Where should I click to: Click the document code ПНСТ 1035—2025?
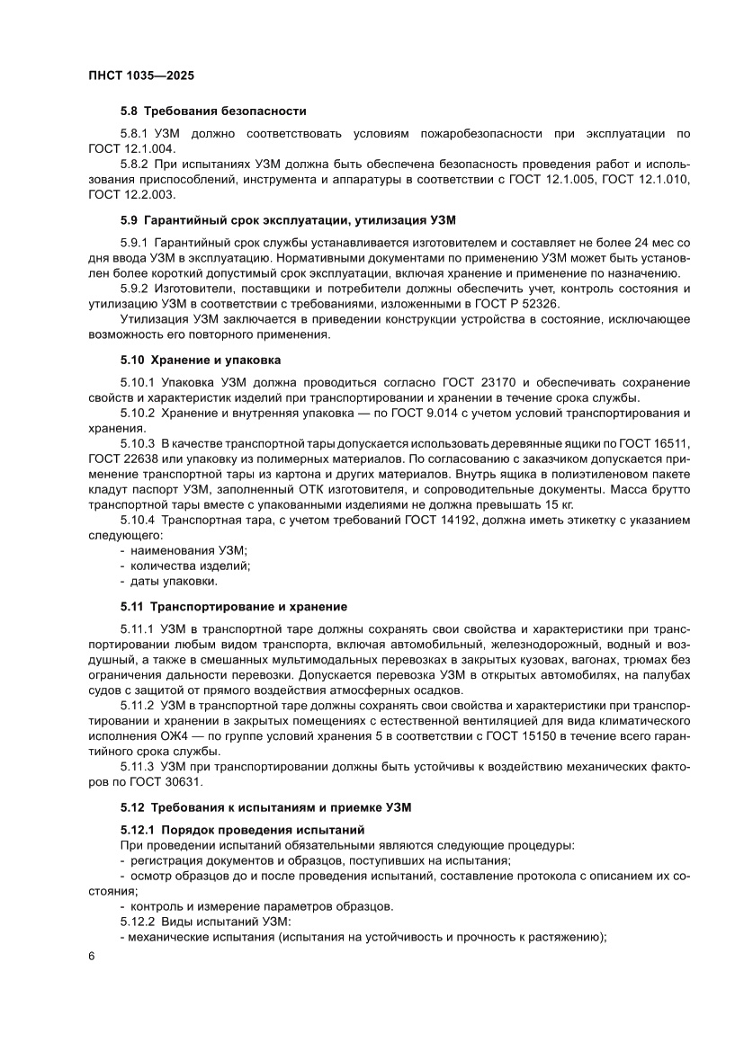coord(141,76)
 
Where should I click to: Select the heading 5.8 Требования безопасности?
coord(213,111)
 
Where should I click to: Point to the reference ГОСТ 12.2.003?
coord(131,194)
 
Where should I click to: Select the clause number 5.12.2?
coord(138,922)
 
